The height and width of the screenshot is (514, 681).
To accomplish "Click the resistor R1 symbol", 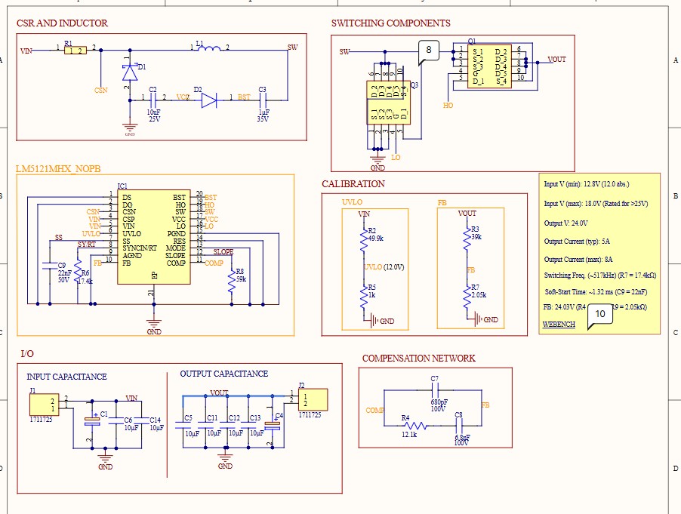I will click(75, 51).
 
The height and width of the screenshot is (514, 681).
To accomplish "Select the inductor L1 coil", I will click(208, 51).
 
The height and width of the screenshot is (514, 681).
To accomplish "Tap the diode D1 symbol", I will click(129, 72).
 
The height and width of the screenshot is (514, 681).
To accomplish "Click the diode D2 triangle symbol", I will click(209, 100).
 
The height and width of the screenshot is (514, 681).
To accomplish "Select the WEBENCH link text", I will click(559, 324).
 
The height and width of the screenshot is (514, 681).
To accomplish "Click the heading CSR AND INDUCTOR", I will click(62, 23).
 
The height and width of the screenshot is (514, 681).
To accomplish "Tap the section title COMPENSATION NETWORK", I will click(418, 359).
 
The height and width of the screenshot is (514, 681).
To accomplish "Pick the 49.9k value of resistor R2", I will click(376, 238).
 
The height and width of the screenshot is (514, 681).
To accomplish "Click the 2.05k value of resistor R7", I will click(479, 295).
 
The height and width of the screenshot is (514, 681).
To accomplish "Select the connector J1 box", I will click(44, 404).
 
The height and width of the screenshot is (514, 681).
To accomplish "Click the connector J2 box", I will click(313, 399).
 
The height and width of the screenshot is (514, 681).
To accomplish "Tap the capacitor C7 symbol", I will click(434, 390).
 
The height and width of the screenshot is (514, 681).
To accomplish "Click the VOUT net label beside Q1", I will click(556, 60).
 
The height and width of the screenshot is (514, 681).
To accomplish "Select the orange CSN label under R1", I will click(100, 90).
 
